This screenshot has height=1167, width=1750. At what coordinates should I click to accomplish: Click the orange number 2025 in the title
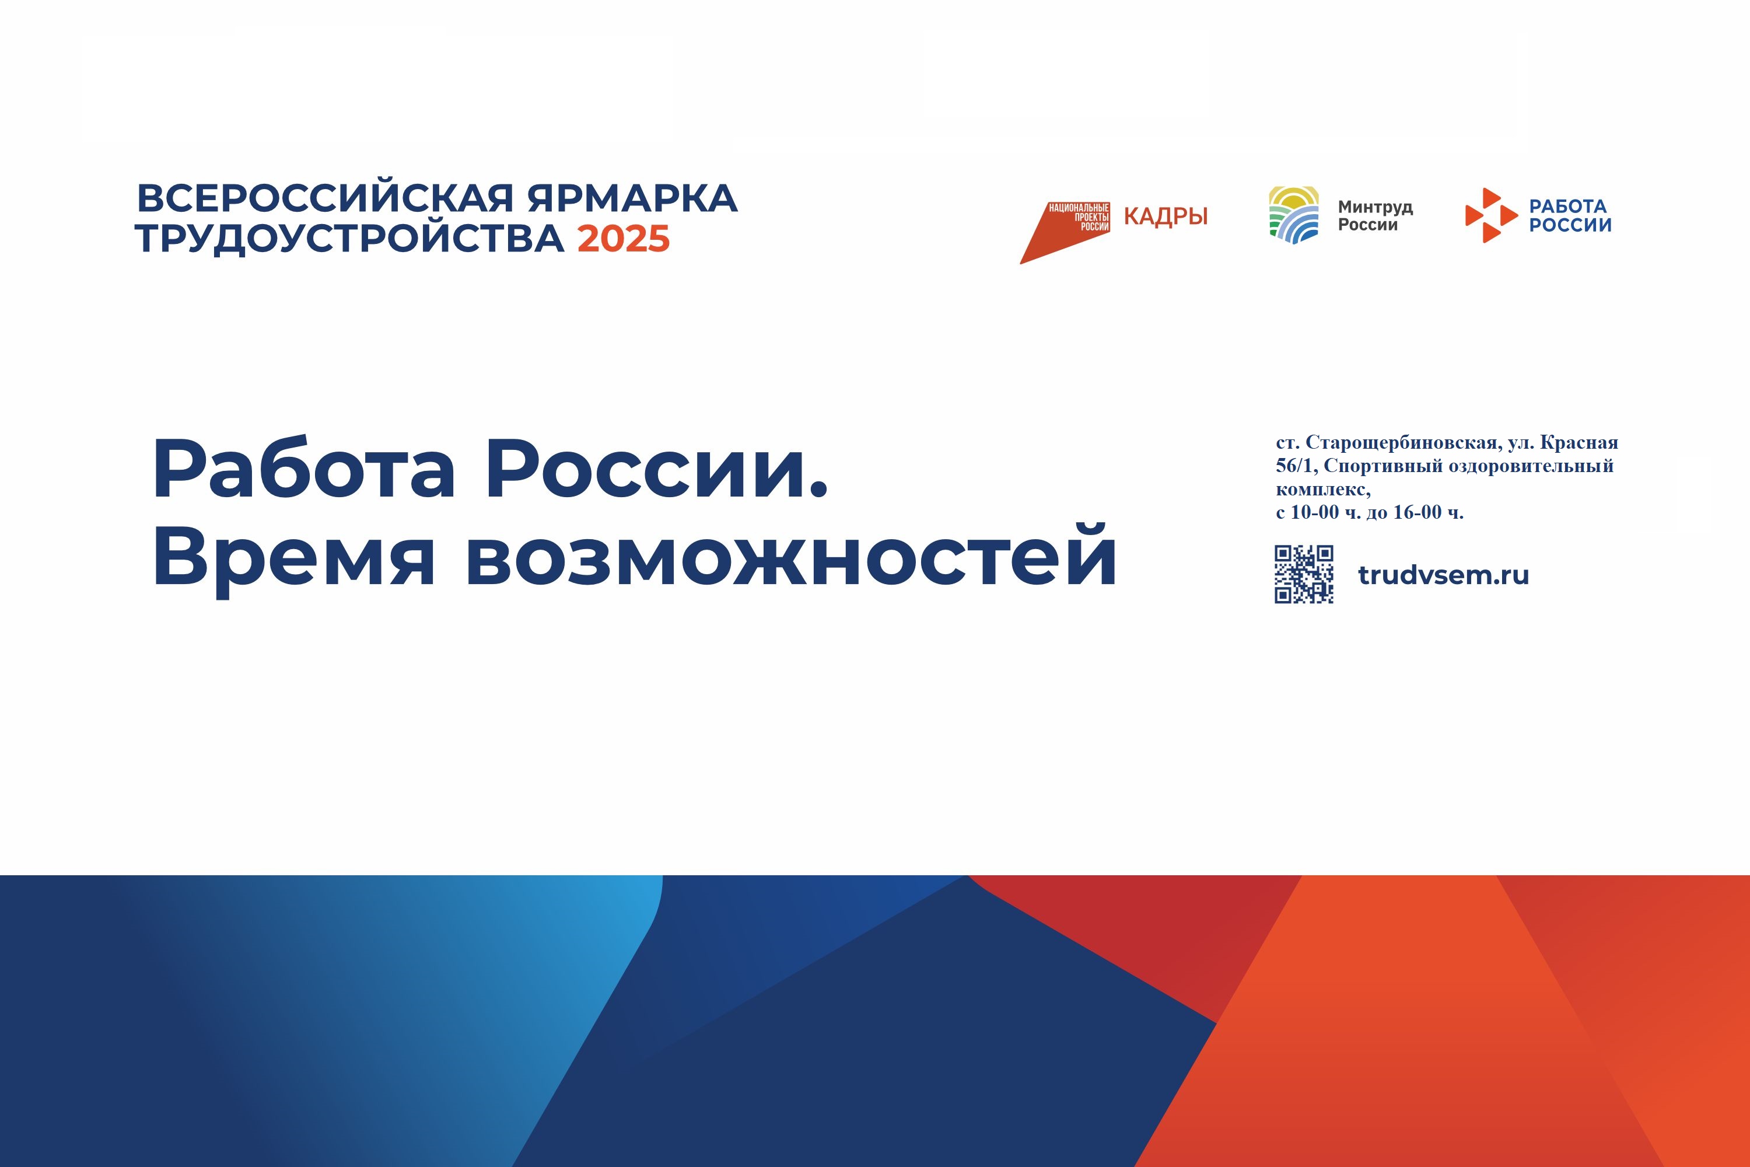coord(624,239)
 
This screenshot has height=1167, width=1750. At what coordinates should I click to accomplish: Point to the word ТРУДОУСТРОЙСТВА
coord(349,239)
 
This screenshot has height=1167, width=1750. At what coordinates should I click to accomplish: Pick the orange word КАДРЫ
coord(1165,216)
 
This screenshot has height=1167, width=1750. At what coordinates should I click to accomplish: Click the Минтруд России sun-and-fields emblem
coord(1293,215)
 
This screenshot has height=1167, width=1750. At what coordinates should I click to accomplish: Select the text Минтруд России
coord(1375,216)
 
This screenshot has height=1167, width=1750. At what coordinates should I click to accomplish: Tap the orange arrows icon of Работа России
coord(1490,215)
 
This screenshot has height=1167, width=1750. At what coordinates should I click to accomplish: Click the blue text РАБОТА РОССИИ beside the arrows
coord(1570,216)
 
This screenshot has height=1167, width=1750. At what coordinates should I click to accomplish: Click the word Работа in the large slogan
coord(303,470)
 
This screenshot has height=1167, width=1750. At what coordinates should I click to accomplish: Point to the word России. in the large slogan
coord(657,470)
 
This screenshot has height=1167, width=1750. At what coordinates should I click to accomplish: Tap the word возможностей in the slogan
coord(791,555)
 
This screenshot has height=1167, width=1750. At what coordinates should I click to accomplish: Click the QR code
coord(1304,574)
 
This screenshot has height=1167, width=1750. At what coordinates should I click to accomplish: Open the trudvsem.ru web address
coord(1443,575)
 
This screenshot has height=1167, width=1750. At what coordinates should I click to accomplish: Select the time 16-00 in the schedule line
coord(1417,512)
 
